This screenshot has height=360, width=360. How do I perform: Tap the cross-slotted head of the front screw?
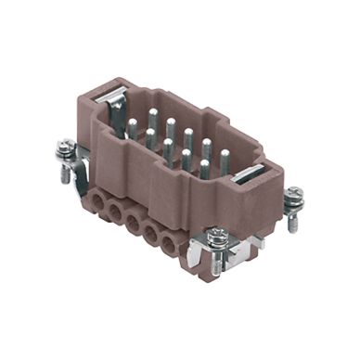point(215,238)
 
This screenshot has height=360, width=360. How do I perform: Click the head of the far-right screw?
point(294,195)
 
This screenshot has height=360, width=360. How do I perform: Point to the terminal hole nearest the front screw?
point(169,247)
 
